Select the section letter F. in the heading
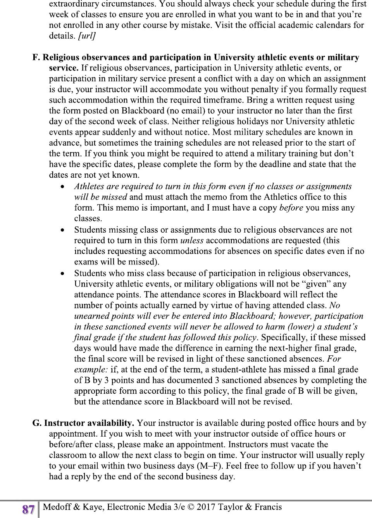coord(36,58)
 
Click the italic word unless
coord(192,240)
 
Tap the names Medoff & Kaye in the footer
coord(74,507)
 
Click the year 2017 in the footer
coord(206,507)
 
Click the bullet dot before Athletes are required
coord(62,187)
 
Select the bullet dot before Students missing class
coord(62,230)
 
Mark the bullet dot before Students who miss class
coord(62,273)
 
